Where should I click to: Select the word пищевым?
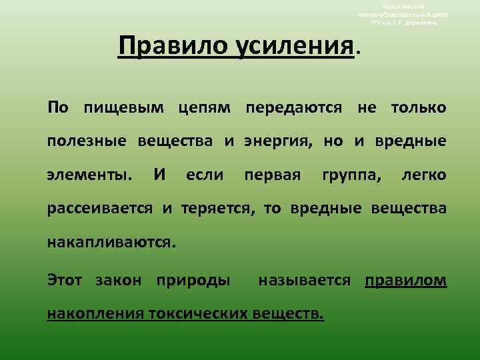[125, 107]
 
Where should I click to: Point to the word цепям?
[206, 107]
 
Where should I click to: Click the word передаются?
[297, 107]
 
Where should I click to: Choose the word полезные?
[89, 141]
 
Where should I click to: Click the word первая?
[270, 175]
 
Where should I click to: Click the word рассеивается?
[101, 209]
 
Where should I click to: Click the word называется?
[303, 280]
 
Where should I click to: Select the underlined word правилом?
[406, 280]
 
